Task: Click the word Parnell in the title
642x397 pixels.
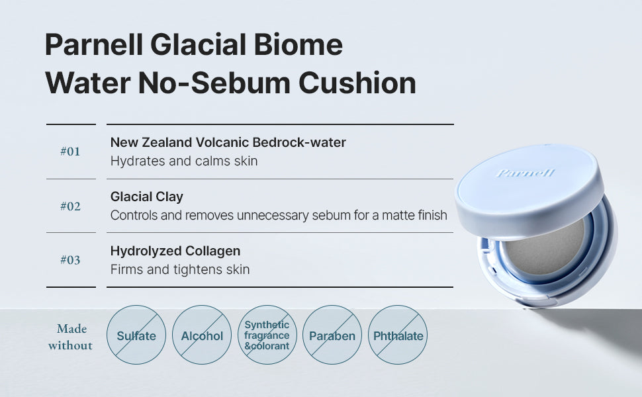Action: point(94,44)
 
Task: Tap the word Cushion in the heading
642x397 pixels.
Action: point(357,83)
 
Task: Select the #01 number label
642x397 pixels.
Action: point(70,152)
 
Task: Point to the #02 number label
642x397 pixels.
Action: point(70,206)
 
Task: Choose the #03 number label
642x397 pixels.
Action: point(70,260)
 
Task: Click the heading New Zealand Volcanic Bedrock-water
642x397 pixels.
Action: point(228,142)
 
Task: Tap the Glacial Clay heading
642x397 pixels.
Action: point(146,197)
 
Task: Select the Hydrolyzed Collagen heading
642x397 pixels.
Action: point(175,251)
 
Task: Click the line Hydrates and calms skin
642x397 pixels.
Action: point(184,161)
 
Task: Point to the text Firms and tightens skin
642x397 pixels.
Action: point(180,269)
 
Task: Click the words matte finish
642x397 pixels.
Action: point(414,215)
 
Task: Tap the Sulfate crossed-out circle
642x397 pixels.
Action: point(136,335)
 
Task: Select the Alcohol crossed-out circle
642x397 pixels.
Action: point(202,335)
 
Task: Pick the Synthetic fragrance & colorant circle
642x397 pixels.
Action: point(267,335)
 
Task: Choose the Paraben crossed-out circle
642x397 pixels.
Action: point(332,335)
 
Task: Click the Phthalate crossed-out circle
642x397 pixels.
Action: point(398,335)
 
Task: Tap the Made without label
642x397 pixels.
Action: point(70,337)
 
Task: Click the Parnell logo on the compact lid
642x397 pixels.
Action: point(526,173)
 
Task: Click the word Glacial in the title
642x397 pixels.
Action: point(198,44)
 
